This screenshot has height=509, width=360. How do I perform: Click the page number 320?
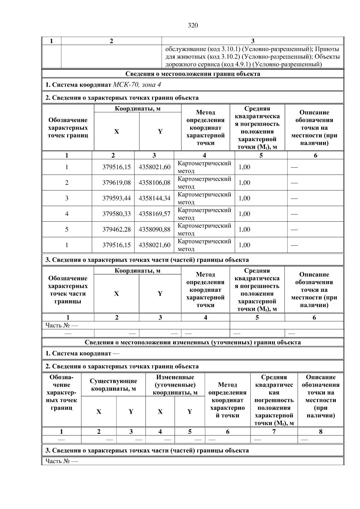pyautogui.click(x=193, y=25)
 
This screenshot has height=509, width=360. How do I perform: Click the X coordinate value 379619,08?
pyautogui.click(x=116, y=183)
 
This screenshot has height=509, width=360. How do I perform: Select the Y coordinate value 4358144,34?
pyautogui.click(x=154, y=198)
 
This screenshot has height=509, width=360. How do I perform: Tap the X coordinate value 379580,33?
pyautogui.click(x=116, y=214)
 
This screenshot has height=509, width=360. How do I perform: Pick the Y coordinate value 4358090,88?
pyautogui.click(x=154, y=229)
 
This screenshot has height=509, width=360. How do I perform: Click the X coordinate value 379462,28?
pyautogui.click(x=116, y=229)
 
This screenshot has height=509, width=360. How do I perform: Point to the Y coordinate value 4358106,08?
pyautogui.click(x=154, y=183)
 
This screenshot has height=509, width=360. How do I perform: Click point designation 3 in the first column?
pyautogui.click(x=67, y=198)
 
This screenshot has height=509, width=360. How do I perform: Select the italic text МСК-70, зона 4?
pyautogui.click(x=137, y=85)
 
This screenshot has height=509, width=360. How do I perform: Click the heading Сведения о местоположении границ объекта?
pyautogui.click(x=193, y=74)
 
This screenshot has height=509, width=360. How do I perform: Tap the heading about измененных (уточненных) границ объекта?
pyautogui.click(x=193, y=342)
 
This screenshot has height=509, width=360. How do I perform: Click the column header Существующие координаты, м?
pyautogui.click(x=113, y=385)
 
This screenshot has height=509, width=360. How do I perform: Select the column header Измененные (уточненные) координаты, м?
pyautogui.click(x=175, y=385)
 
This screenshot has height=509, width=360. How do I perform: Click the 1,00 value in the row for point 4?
pyautogui.click(x=244, y=214)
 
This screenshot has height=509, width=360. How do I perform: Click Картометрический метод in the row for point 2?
pyautogui.click(x=204, y=183)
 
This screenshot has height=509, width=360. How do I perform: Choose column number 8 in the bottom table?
pyautogui.click(x=320, y=432)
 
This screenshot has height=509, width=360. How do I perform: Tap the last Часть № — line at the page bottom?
pyautogui.click(x=61, y=461)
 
